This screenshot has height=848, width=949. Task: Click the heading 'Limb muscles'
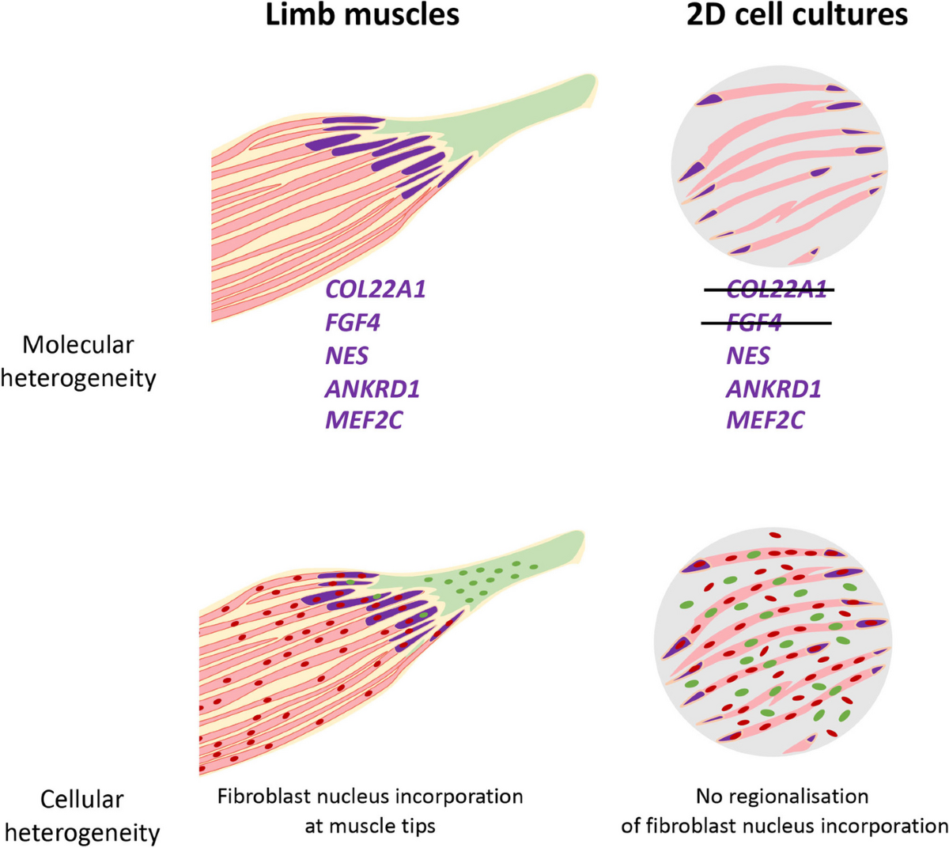[361, 16]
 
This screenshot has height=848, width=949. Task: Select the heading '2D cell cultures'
[796, 16]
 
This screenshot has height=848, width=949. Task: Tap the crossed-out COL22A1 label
[776, 290]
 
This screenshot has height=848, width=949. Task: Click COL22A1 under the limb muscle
[375, 289]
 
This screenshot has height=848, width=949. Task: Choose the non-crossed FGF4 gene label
[353, 322]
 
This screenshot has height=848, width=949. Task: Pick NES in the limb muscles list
[346, 355]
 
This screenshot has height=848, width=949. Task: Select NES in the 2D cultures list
[747, 355]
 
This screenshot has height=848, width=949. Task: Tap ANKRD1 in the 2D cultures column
[773, 388]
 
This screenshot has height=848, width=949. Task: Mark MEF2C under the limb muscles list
[364, 420]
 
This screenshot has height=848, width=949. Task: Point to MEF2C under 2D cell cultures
[765, 420]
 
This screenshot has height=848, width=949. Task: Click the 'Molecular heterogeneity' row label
[78, 362]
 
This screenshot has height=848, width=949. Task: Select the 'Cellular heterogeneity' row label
[82, 816]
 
